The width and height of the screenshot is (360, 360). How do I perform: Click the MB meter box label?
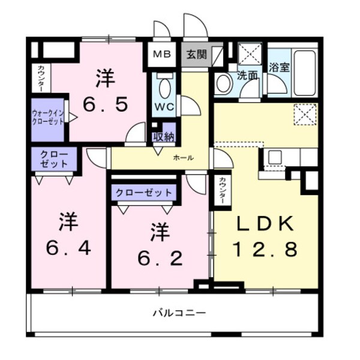pos(161,55)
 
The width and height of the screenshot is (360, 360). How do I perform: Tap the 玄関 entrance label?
pos(196,55)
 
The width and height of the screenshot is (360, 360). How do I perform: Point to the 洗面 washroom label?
pos(247,76)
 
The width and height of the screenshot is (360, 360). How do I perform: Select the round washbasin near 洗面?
pos(224,83)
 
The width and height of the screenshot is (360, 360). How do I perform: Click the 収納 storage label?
pos(163,136)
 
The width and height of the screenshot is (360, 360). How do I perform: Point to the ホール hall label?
pos(183,158)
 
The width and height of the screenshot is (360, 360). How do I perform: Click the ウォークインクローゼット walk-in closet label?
pos(49,115)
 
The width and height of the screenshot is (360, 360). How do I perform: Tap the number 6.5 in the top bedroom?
pos(105,106)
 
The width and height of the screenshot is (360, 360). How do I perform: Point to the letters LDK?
pos(264,224)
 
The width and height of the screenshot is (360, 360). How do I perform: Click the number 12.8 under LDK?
pos(264,248)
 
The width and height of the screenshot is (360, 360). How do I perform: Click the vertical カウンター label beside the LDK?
pos(221,191)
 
